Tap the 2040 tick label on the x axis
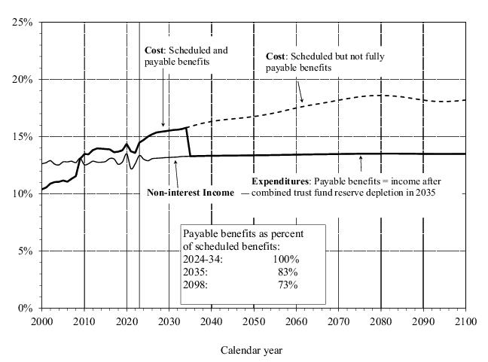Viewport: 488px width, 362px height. click(x=212, y=321)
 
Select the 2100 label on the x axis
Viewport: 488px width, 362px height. click(x=466, y=321)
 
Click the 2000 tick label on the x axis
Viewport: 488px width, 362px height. click(x=42, y=321)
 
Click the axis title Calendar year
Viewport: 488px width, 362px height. click(x=252, y=350)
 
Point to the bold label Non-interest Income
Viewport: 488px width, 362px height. click(x=191, y=193)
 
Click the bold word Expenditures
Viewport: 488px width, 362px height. click(x=280, y=181)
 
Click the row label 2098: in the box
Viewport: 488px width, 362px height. click(x=197, y=284)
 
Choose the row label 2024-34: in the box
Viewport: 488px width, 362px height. click(x=203, y=260)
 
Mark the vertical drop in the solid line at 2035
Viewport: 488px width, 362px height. click(x=189, y=142)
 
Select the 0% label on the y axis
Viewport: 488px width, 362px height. click(x=25, y=308)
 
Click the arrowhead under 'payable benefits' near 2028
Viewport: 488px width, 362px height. click(x=163, y=125)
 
